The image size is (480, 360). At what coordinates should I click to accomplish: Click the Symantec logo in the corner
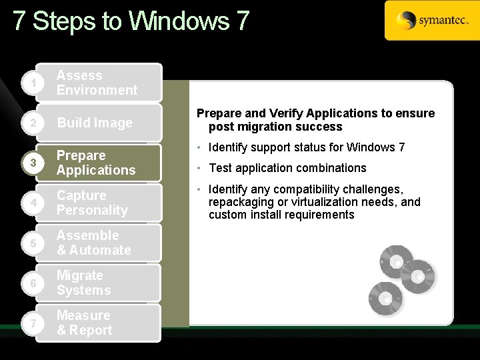click(x=432, y=21)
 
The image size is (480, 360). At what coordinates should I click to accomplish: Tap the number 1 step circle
click(x=25, y=83)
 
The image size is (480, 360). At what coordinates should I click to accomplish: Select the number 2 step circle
click(x=25, y=123)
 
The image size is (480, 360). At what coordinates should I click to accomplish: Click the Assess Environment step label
click(x=97, y=83)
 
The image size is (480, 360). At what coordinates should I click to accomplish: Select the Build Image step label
click(x=95, y=123)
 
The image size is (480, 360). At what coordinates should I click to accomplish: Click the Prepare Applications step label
click(x=96, y=163)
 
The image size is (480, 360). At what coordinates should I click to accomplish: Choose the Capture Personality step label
click(x=92, y=203)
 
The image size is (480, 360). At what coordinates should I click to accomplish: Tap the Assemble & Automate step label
click(x=93, y=243)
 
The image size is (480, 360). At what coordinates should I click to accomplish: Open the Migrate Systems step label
click(x=84, y=283)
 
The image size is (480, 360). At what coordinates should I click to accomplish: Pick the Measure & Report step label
click(x=84, y=323)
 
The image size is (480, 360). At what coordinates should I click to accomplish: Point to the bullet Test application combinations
click(x=287, y=168)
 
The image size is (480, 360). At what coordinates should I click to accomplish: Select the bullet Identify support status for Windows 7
click(x=307, y=147)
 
